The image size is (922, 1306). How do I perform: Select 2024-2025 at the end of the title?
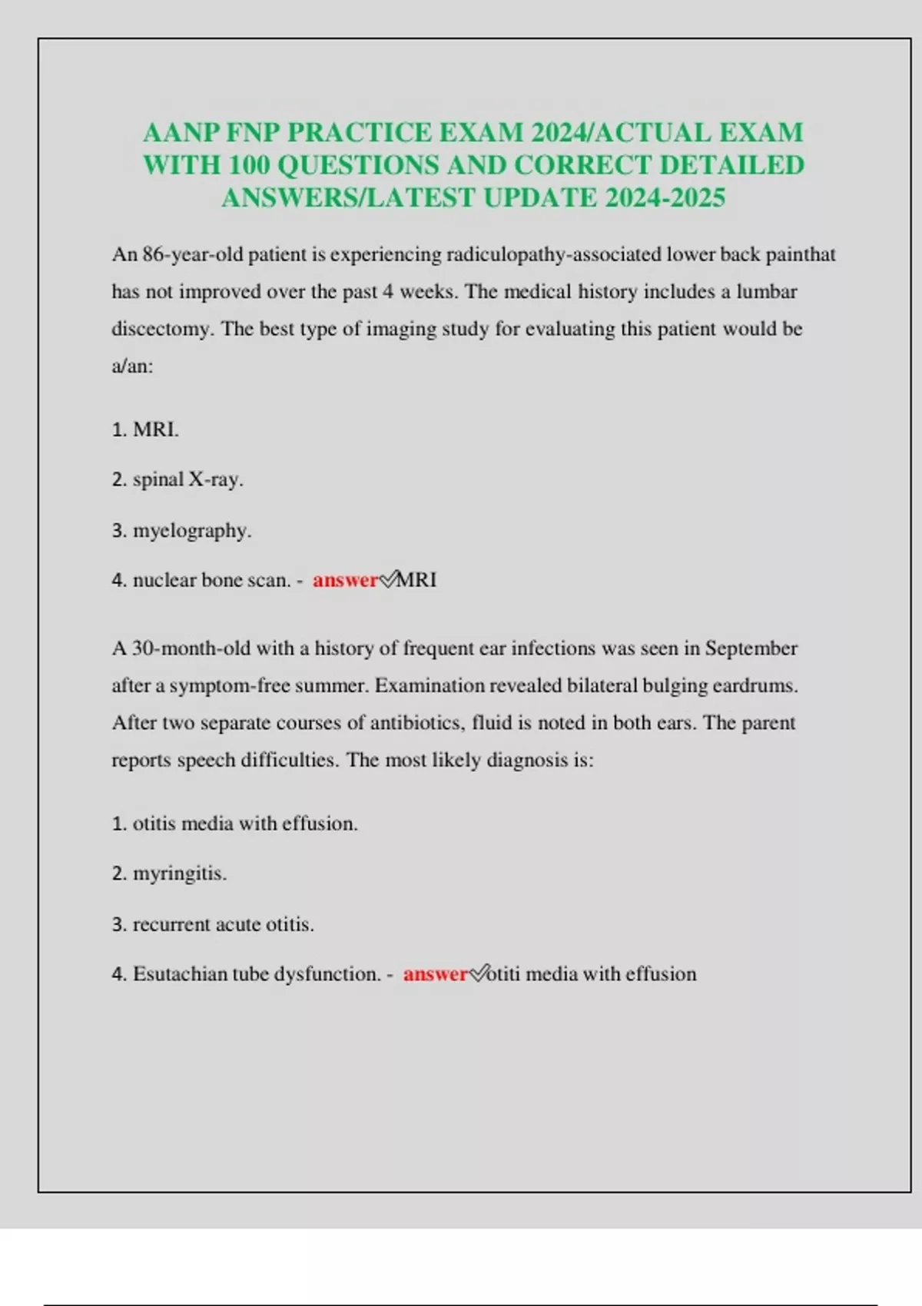665,198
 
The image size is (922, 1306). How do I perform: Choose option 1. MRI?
146,429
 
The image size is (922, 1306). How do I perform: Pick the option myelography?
191,530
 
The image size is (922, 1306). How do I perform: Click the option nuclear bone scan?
211,580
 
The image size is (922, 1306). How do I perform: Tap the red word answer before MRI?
346,580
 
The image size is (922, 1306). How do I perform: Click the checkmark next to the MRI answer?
388,579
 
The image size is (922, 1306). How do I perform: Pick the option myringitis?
179,873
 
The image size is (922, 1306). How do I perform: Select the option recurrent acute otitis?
223,924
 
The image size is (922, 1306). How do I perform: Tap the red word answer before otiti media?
436,974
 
